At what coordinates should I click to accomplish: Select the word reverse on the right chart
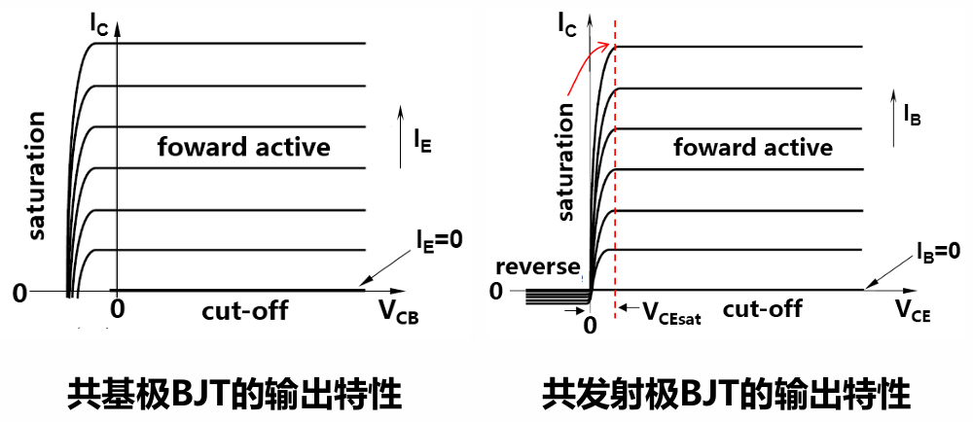(537, 267)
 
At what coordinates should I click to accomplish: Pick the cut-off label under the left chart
(245, 311)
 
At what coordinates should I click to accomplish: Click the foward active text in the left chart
(243, 148)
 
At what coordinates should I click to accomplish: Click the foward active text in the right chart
(753, 148)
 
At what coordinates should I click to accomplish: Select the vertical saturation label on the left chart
(38, 175)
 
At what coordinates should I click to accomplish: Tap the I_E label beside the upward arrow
(422, 145)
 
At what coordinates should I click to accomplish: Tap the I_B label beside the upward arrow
(912, 116)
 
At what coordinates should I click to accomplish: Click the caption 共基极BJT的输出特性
(234, 394)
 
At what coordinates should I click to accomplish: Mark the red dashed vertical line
(616, 194)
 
